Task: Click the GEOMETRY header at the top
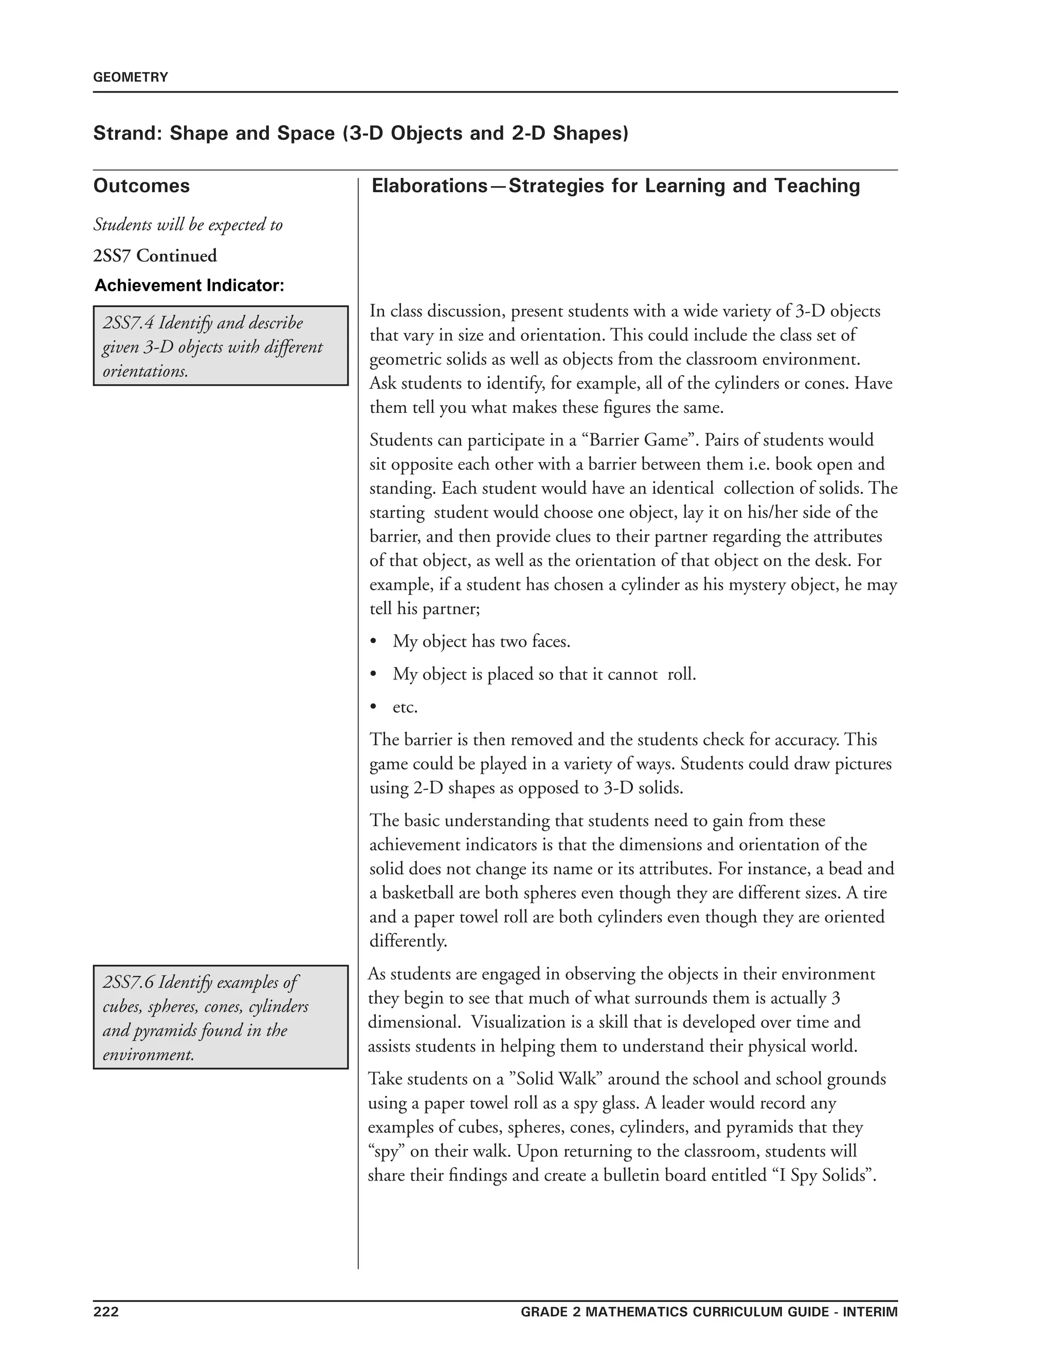(131, 77)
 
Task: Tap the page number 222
(106, 1312)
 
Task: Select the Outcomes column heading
(141, 186)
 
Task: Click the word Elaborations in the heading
(429, 186)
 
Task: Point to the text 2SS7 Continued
(155, 255)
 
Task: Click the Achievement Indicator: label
(190, 286)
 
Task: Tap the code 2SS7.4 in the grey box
(128, 323)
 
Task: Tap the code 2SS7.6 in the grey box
(128, 982)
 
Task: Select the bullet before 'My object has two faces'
(374, 642)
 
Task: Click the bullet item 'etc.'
(405, 707)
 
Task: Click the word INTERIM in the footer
(870, 1312)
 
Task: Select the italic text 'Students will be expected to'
(188, 225)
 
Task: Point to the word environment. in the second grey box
(149, 1055)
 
